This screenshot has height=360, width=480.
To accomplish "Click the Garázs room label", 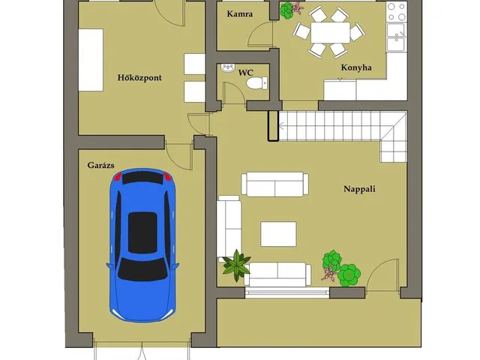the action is (x=100, y=165).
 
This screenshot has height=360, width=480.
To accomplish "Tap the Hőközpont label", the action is (x=139, y=77).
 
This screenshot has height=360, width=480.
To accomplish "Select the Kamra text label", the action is (x=240, y=13).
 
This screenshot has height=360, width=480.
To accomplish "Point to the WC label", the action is (x=246, y=73).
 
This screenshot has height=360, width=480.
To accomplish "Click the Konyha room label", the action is (x=356, y=67).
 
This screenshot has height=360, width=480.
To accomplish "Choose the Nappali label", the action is (x=359, y=188).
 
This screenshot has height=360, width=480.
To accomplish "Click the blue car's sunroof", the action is (x=142, y=232).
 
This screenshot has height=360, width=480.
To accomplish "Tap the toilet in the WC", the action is (x=256, y=83).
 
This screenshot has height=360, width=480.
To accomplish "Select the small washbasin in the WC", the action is (x=227, y=68).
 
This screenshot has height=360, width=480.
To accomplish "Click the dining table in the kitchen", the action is (x=330, y=32).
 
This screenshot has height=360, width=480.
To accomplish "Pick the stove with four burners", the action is (x=397, y=12).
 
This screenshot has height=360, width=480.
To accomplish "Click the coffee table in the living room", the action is (x=278, y=234).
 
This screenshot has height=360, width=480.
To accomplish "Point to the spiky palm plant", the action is (x=236, y=265).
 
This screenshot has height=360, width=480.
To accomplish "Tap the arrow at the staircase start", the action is (x=282, y=125).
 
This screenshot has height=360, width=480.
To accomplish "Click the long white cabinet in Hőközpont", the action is (x=91, y=60).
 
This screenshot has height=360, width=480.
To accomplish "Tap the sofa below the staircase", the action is (x=275, y=184).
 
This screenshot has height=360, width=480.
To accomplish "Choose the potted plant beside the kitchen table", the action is (x=287, y=10).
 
